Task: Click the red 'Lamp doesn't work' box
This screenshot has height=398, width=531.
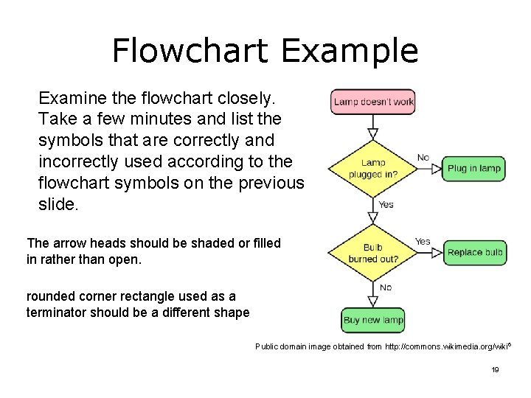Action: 373,102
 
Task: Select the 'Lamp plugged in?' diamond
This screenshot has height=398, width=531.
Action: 373,168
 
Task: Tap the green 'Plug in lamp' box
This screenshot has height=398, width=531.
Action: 473,168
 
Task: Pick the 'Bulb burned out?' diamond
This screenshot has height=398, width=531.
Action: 373,253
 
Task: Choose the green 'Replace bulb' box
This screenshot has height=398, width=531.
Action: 475,253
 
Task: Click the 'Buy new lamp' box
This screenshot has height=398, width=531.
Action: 373,320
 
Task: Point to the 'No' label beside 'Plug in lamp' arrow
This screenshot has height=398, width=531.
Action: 423,157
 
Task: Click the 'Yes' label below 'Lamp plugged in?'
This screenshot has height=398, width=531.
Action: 386,204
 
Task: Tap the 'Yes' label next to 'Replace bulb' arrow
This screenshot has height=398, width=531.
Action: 423,241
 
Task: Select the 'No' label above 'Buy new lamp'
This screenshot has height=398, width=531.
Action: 385,287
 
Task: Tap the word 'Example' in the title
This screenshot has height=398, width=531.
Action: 350,51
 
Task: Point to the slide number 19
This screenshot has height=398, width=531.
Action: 495,369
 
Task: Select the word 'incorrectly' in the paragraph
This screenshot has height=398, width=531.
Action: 77,161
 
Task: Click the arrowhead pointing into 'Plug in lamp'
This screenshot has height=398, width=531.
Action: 436,168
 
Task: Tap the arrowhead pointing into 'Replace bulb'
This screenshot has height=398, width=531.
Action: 436,253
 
